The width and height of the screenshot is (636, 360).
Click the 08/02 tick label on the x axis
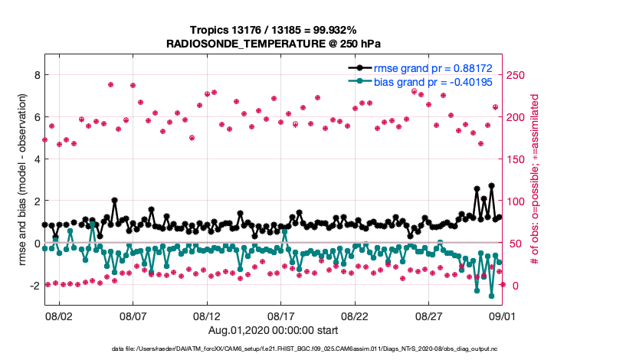pyautogui.click(x=60, y=316)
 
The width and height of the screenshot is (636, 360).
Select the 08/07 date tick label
pyautogui.click(x=133, y=316)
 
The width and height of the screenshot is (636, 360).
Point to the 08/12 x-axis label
pyautogui.click(x=207, y=316)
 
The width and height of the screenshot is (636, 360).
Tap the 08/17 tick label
pyautogui.click(x=281, y=316)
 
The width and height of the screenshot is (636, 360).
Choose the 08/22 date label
pyautogui.click(x=356, y=316)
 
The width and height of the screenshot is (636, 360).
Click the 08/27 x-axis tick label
pyautogui.click(x=429, y=316)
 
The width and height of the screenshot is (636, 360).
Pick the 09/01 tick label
pyautogui.click(x=503, y=316)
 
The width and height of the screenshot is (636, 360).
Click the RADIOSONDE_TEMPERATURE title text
pyautogui.click(x=274, y=44)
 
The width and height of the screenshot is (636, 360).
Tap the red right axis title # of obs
pyautogui.click(x=536, y=180)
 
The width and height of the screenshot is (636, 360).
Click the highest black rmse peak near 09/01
pyautogui.click(x=491, y=185)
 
